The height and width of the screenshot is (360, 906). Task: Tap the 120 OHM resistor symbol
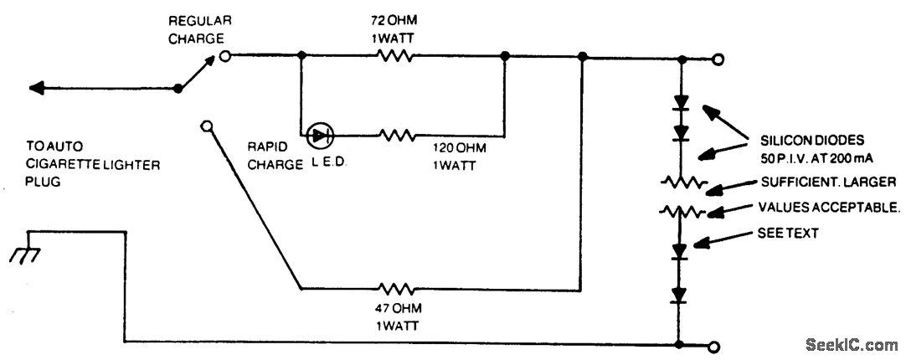tap(398, 135)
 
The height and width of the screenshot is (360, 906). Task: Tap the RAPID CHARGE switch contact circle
tap(207, 126)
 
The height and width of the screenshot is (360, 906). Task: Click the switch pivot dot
tap(178, 87)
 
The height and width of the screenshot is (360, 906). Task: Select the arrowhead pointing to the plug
tap(35, 87)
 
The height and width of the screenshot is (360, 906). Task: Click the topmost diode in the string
tap(682, 105)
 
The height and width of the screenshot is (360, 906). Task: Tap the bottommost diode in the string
tap(681, 295)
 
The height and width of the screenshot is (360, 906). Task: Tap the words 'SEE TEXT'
tap(788, 234)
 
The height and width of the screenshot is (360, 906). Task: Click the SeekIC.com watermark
tap(852, 344)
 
